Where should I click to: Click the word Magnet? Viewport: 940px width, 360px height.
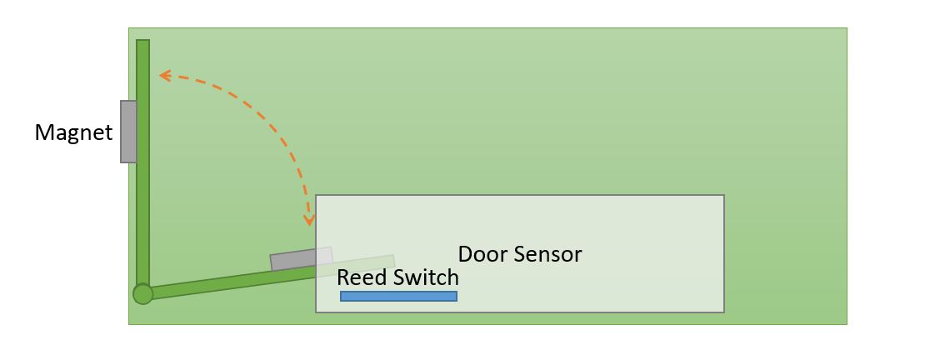pyautogui.click(x=73, y=132)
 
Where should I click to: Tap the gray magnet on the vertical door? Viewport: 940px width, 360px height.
pyautogui.click(x=128, y=132)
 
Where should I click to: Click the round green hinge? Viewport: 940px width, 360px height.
pyautogui.click(x=143, y=293)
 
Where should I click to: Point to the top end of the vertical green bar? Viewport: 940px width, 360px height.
pyautogui.click(x=143, y=42)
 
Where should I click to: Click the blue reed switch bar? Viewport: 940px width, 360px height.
pyautogui.click(x=398, y=296)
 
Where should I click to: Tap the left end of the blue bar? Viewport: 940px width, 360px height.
pyautogui.click(x=342, y=296)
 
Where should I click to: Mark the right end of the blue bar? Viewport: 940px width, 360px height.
pyautogui.click(x=455, y=296)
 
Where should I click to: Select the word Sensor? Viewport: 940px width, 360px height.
pyautogui.click(x=547, y=254)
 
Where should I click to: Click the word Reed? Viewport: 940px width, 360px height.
pyautogui.click(x=358, y=277)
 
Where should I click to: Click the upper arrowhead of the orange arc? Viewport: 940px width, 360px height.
pyautogui.click(x=163, y=76)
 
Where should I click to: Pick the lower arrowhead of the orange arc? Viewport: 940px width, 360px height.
pyautogui.click(x=309, y=221)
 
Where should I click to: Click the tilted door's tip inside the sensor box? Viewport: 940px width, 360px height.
pyautogui.click(x=392, y=261)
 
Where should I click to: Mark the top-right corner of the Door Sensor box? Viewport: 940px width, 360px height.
pyautogui.click(x=723, y=196)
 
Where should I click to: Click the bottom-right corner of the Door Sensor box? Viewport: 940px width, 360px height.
pyautogui.click(x=723, y=312)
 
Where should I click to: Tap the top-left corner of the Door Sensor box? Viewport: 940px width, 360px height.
pyautogui.click(x=317, y=196)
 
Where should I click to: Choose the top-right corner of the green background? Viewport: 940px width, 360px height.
pyautogui.click(x=846, y=29)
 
